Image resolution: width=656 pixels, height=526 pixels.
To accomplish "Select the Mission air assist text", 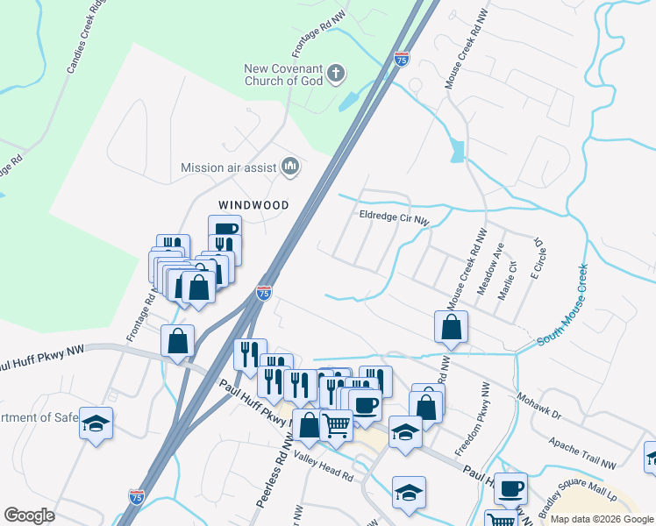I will tap(228, 167).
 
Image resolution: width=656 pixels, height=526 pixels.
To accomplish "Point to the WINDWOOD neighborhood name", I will tap(253, 205).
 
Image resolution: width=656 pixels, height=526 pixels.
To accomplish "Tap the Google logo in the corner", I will tap(29, 515).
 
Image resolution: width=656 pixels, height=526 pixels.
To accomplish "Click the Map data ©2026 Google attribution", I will tap(602, 519).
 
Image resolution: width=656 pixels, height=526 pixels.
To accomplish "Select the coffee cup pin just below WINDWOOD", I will tap(225, 232).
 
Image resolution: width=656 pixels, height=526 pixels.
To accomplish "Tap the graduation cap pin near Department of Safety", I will tap(96, 423).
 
